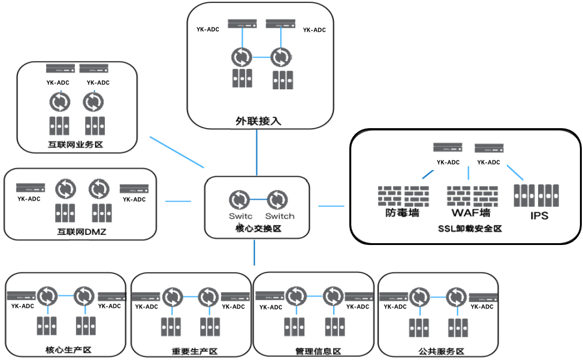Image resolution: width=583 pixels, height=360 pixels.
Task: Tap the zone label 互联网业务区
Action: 77,144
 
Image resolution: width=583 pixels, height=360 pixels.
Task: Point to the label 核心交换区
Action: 257,228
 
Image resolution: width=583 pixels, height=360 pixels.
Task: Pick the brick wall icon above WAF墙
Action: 472,195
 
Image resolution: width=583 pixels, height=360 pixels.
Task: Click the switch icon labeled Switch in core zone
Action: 277,199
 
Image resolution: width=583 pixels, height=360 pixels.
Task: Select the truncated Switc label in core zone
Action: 240,216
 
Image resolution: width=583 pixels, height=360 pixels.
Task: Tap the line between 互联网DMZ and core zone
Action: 177,201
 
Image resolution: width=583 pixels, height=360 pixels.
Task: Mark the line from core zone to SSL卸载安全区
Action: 331,206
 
